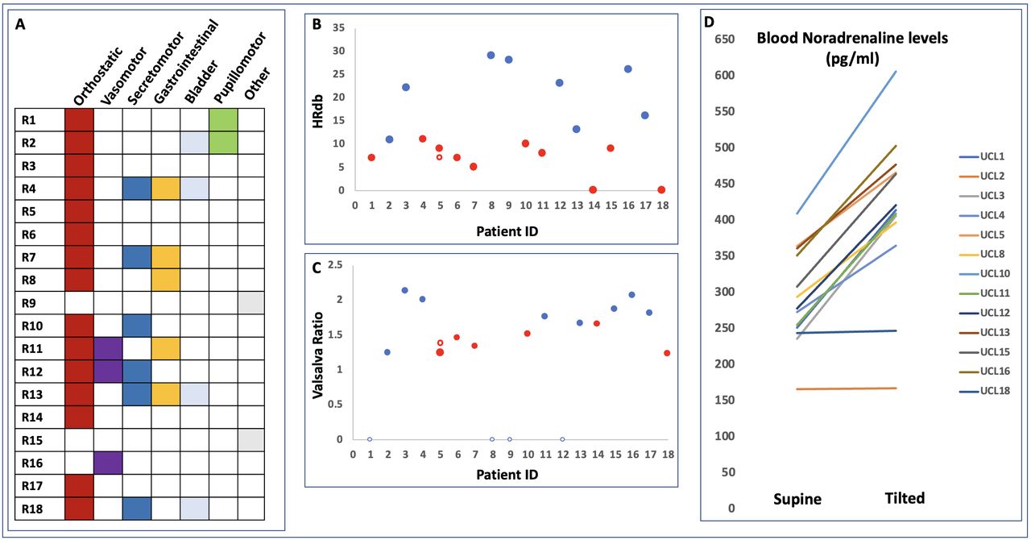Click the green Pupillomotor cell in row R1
[223, 120]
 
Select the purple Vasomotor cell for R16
[108, 463]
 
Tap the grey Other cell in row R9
[252, 303]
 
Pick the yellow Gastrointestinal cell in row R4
[165, 189]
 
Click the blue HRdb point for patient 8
[491, 56]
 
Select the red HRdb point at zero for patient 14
[593, 190]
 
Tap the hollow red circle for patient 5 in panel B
[439, 157]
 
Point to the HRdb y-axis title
[318, 110]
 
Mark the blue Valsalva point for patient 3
[404, 290]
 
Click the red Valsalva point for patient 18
[667, 353]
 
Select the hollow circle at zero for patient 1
[370, 439]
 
